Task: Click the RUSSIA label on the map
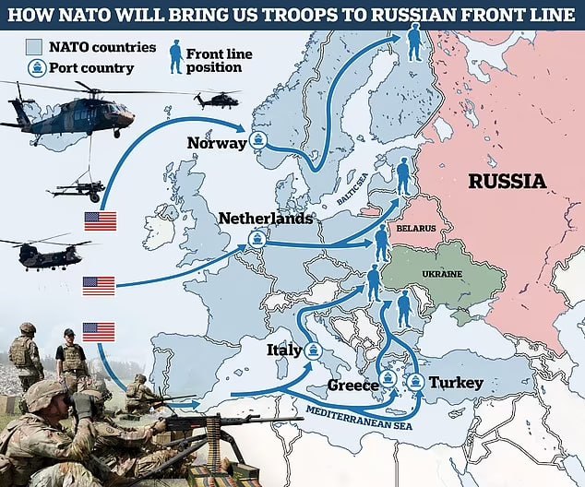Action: [507, 181]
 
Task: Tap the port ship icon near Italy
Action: [314, 350]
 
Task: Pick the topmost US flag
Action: [101, 220]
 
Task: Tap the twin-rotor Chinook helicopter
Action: [46, 253]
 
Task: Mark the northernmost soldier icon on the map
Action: [414, 41]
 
